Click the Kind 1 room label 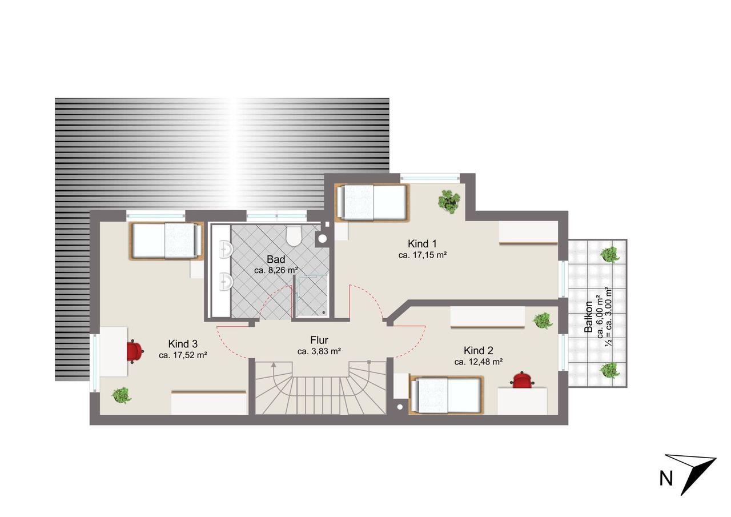click(422, 244)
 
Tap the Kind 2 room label click(478, 351)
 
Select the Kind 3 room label click(183, 344)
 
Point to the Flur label click(319, 340)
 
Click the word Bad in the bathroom click(276, 259)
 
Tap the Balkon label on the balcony click(588, 316)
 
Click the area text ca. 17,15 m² click(422, 255)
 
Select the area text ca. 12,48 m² click(478, 362)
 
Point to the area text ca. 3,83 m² click(319, 351)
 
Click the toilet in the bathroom click(293, 236)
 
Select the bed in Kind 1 click(372, 203)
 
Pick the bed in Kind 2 click(446, 395)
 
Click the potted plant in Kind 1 click(449, 202)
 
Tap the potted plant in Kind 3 click(122, 395)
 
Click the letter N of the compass click(666, 479)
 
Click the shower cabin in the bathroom click(311, 296)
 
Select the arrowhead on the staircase click(273, 365)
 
